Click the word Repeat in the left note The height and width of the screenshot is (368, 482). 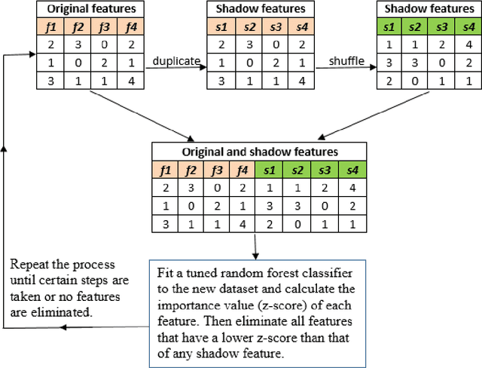tap(28, 265)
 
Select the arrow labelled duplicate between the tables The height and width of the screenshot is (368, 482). tap(175, 67)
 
